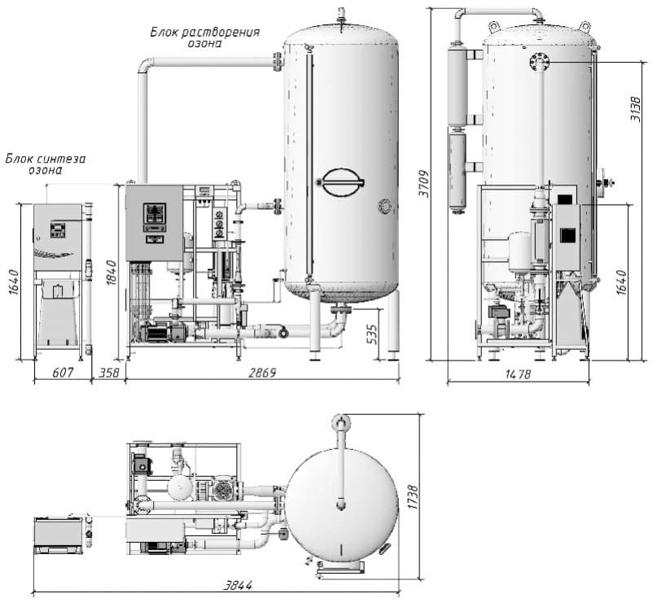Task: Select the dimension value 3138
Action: point(636,109)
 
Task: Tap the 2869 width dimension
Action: point(262,373)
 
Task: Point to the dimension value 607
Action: point(63,373)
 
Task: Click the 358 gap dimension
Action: point(109,373)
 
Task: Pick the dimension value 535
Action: point(372,334)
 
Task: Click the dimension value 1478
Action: point(518,373)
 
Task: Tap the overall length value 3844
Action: point(237,585)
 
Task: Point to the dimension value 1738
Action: point(413,497)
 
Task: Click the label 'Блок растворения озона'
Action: point(205,37)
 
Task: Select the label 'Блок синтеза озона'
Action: point(46,164)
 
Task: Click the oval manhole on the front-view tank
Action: point(340,182)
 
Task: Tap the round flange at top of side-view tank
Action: point(539,63)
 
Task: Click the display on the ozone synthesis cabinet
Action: point(58,230)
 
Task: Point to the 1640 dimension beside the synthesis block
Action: point(13,282)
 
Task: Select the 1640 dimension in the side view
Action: point(622,282)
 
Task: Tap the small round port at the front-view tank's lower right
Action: point(384,206)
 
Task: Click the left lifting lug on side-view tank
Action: point(494,26)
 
